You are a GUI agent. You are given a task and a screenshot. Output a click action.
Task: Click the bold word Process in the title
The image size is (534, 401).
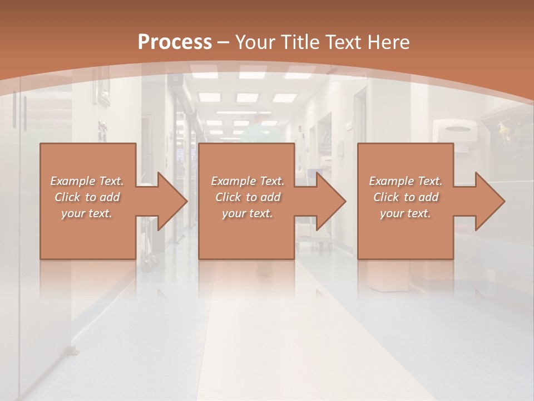tap(175, 42)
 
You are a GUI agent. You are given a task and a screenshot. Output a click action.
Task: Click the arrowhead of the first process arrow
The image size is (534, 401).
tap(172, 201)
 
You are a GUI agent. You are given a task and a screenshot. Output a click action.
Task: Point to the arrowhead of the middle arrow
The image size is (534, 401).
tap(332, 201)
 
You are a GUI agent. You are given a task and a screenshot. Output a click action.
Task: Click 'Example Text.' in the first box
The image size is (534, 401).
tap(87, 181)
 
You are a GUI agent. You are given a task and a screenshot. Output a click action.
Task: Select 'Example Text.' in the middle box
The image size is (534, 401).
tap(248, 181)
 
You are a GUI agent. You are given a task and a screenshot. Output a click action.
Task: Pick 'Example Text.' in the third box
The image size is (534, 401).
tap(406, 181)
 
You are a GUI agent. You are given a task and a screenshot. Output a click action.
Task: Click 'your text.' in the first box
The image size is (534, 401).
tap(87, 213)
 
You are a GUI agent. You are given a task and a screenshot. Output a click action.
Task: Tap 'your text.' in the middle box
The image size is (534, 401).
tap(248, 213)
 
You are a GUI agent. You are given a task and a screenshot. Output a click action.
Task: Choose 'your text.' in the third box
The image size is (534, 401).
tap(406, 213)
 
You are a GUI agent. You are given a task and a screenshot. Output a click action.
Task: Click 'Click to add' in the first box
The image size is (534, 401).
tap(87, 197)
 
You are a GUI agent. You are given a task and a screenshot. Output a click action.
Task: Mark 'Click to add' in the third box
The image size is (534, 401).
tap(406, 197)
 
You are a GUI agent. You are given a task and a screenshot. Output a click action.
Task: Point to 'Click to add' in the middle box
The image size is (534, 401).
tap(248, 197)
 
